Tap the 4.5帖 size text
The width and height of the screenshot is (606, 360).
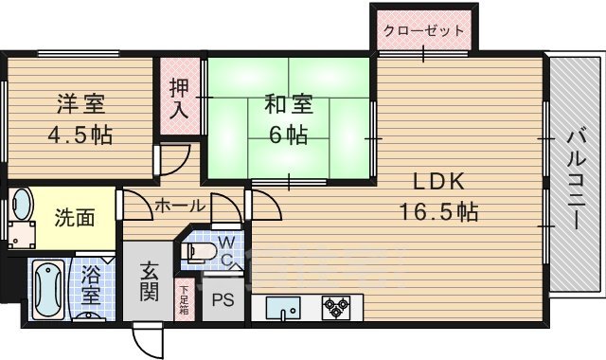coord(80,135)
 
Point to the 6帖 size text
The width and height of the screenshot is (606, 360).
coord(288,135)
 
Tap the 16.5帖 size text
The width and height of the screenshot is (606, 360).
coord(439,210)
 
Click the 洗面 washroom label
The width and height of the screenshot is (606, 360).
coord(73,217)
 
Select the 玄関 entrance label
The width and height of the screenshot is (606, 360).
coord(150,281)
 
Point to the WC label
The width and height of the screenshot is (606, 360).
coord(227,249)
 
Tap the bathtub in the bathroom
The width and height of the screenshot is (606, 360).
coord(44,290)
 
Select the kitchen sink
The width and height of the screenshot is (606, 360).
coord(282,308)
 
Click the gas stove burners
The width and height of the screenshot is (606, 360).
coord(335,306)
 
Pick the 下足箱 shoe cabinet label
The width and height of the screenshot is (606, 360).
coord(184,299)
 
